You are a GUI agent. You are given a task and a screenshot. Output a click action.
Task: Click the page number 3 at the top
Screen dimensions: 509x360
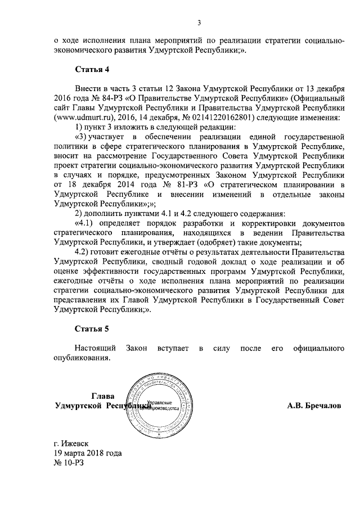point(199,23)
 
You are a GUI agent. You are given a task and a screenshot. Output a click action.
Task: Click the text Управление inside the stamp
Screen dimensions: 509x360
point(158,404)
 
